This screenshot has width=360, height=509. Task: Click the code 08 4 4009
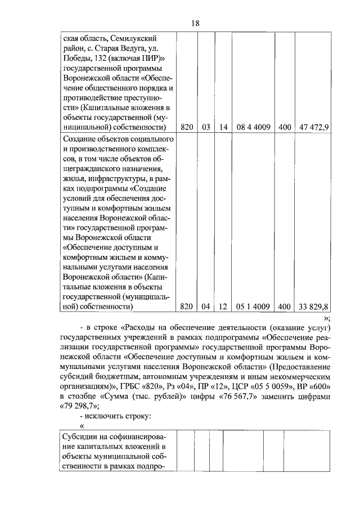pos(253,127)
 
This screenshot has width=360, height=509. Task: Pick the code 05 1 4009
pos(253,307)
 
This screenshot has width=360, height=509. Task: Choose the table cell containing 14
pos(223,127)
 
